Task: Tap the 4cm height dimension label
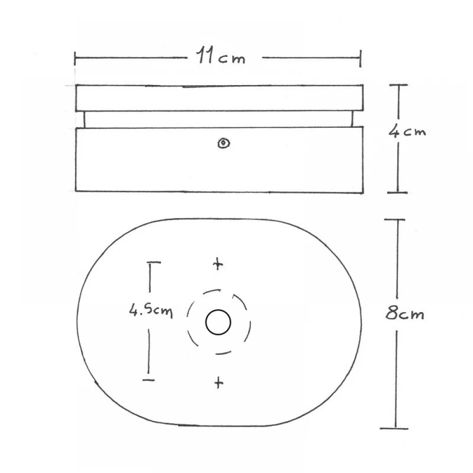407,131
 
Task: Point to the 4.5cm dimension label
151,311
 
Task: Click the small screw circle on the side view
223,143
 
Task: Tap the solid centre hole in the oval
218,323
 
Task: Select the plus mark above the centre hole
218,264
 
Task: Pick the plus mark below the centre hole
218,382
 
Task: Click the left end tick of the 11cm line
75,59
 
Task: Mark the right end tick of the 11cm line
361,58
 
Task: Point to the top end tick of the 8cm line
394,220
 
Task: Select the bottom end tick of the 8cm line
395,429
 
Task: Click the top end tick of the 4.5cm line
153,262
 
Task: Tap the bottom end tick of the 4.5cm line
149,380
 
